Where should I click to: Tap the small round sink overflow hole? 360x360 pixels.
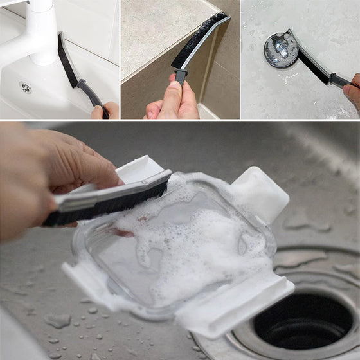click(25, 86)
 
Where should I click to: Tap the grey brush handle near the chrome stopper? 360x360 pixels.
click(338, 80)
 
